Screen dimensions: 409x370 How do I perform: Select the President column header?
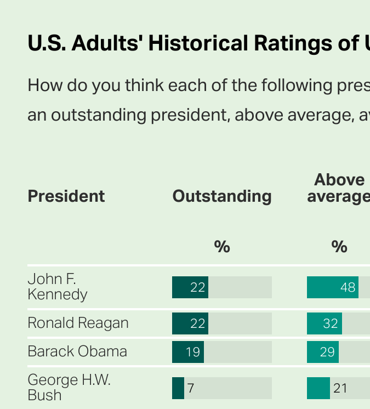pos(66,196)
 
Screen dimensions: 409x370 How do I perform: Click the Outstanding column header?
pos(222,196)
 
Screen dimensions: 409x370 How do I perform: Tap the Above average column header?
pos(338,188)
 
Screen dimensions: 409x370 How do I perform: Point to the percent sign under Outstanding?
pos(222,247)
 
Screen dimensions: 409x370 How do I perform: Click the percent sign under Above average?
pos(339,247)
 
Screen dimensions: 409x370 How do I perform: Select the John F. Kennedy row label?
pos(58,287)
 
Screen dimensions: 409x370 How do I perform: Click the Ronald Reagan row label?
pos(78,323)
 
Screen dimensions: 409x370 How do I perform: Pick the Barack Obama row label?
pos(77,351)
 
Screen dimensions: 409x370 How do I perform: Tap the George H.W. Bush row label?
pos(69,388)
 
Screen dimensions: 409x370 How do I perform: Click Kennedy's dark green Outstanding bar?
pos(190,287)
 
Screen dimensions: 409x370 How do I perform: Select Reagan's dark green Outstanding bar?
pos(190,323)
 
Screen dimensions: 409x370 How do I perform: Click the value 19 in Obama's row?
pos(193,352)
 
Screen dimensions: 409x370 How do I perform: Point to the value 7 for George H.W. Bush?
pos(191,388)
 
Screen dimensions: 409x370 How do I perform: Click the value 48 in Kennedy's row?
pos(348,287)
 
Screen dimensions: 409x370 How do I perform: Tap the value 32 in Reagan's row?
pos(331,323)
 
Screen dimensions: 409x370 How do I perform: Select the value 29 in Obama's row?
pos(327,352)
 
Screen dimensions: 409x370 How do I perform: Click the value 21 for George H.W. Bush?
pos(340,388)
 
